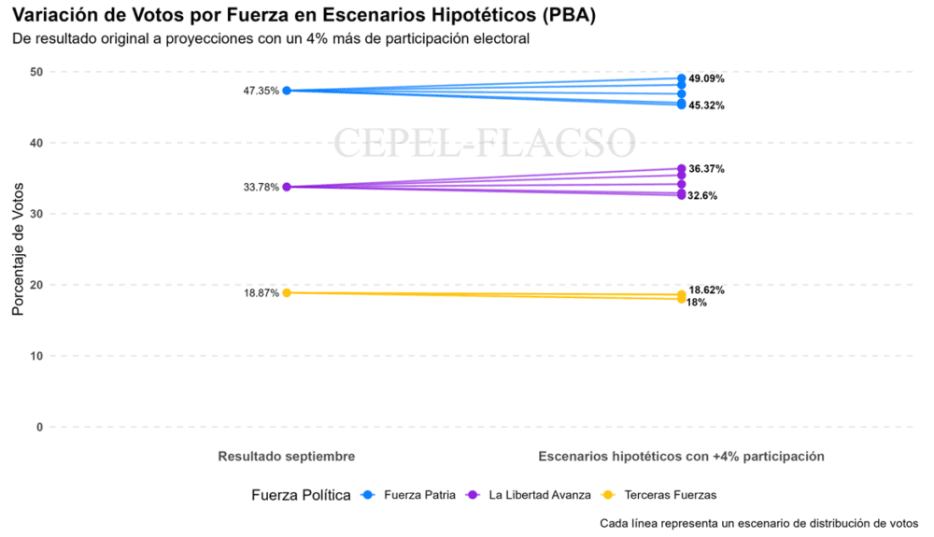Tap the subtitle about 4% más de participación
[271, 39]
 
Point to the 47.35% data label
[262, 91]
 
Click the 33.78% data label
[262, 187]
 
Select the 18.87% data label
[262, 293]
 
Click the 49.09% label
[706, 78]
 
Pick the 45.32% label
[706, 106]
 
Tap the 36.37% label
[706, 169]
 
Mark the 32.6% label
[703, 195]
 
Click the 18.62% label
[706, 290]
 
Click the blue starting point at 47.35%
[287, 91]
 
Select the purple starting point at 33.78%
[287, 187]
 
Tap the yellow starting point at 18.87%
[287, 293]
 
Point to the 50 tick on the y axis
[35, 72]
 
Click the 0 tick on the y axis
[39, 427]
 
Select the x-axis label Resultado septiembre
[286, 457]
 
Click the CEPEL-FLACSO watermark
[485, 143]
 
